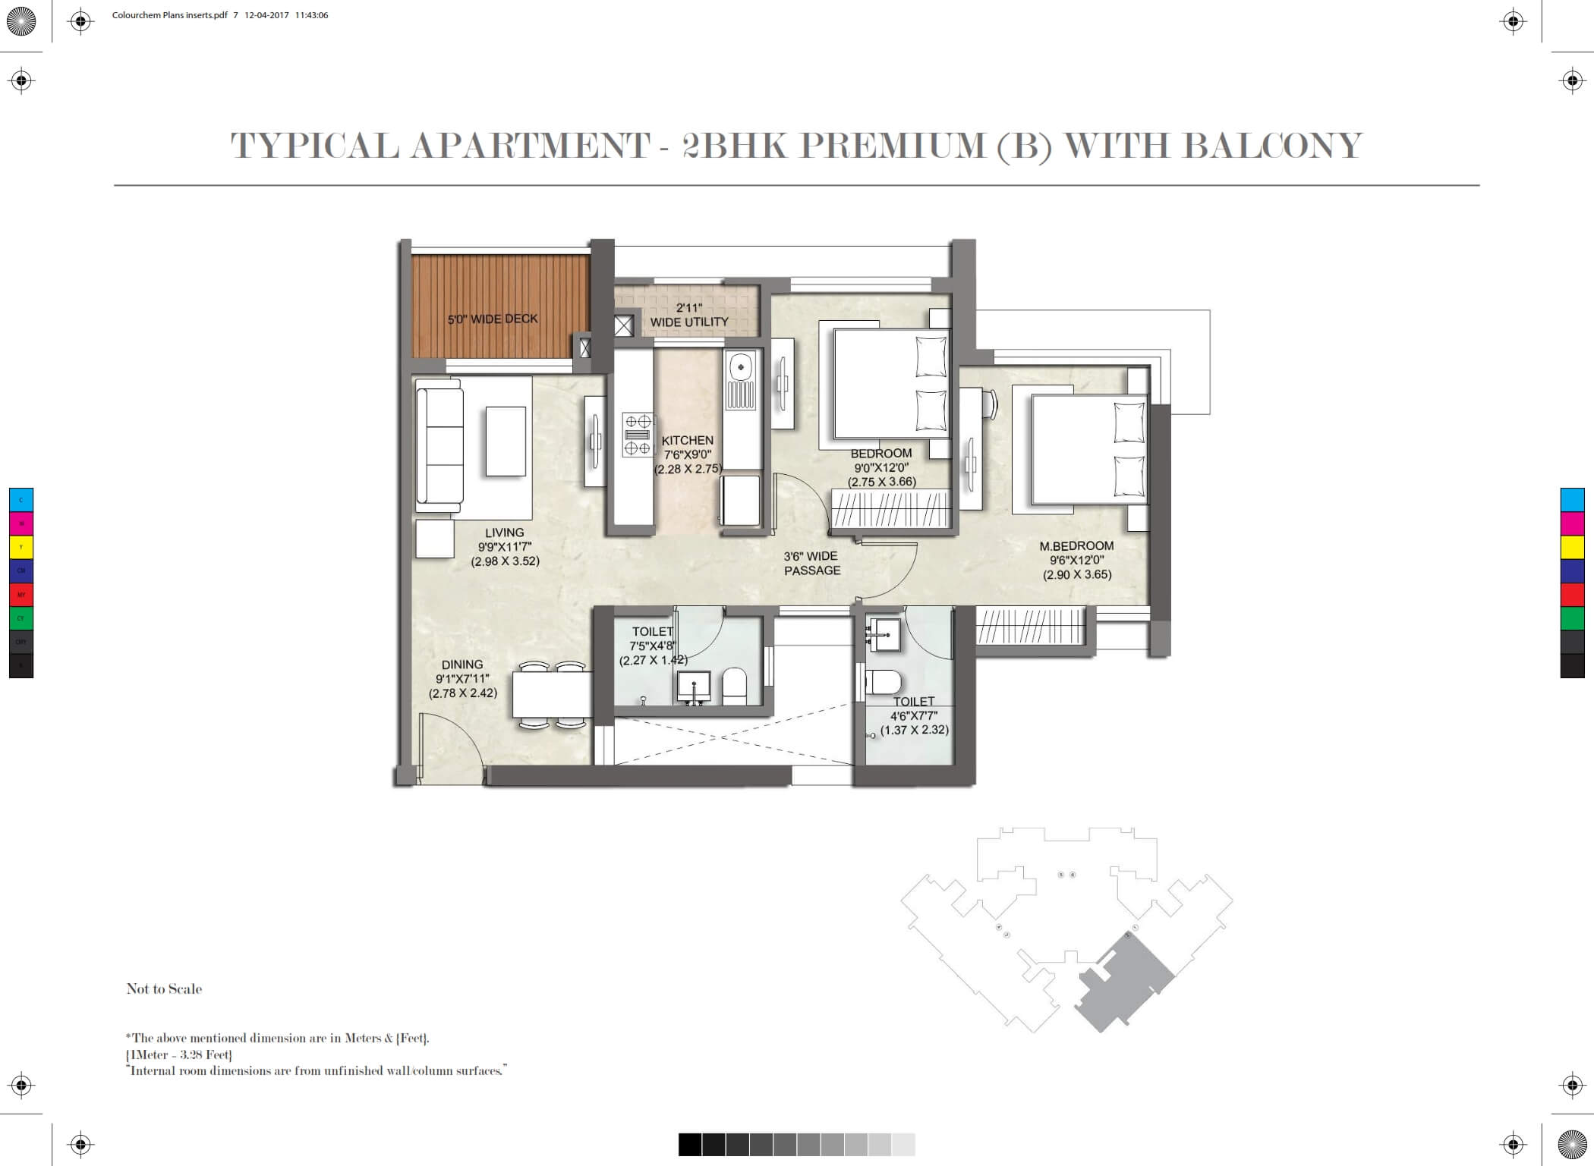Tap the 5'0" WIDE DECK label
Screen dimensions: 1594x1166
click(493, 319)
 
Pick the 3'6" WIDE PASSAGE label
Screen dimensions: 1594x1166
click(812, 563)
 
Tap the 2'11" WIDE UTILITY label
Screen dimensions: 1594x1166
click(689, 315)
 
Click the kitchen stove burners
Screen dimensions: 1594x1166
click(638, 435)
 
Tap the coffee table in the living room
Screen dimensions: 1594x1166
click(506, 442)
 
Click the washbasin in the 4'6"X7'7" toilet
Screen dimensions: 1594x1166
click(882, 633)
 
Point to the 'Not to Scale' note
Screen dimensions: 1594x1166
click(164, 988)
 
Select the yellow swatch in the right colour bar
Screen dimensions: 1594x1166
click(1572, 547)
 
